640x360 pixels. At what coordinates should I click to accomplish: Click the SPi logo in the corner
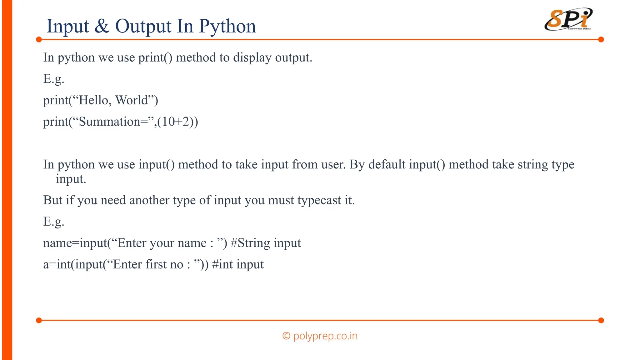pos(568,19)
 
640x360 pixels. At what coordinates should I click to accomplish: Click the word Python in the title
pos(227,26)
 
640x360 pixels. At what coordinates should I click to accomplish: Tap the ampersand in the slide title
pos(102,26)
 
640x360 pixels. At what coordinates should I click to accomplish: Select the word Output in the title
pos(143,26)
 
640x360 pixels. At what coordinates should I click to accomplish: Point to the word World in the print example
pos(132,100)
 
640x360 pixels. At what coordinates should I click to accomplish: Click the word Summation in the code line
pos(109,122)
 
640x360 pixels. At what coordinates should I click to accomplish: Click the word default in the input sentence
pos(387,164)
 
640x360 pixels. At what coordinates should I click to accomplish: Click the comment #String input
pos(266,243)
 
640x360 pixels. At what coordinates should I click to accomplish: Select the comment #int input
pos(238,265)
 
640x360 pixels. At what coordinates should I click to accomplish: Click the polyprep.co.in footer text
pos(325,336)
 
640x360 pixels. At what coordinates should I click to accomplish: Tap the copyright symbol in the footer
pos(286,336)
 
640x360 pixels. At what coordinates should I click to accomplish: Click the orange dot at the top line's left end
pos(39,40)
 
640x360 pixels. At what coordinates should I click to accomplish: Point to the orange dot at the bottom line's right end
pos(601,320)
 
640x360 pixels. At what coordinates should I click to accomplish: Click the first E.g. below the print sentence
pos(54,79)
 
